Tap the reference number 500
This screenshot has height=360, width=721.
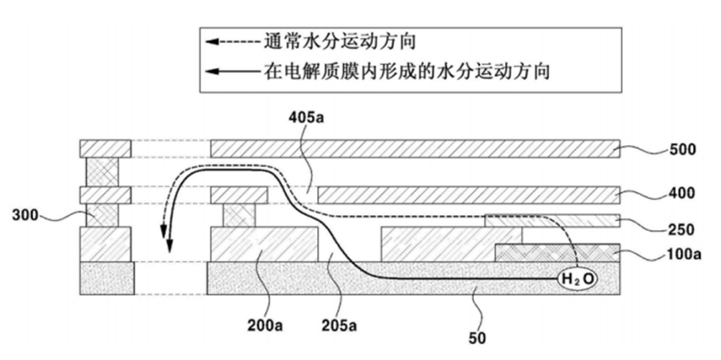[683, 150]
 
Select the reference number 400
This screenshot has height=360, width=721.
[682, 194]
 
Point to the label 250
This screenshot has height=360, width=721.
[682, 229]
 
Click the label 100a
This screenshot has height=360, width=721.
[685, 254]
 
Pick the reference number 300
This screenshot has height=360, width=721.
[26, 214]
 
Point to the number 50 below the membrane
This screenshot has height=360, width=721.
[477, 339]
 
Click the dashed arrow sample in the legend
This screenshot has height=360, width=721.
[233, 42]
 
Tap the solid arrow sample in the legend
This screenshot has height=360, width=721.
[233, 71]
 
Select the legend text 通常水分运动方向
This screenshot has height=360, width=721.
[340, 42]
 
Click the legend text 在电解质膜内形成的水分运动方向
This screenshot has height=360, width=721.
[407, 71]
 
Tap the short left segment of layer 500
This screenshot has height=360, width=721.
[105, 148]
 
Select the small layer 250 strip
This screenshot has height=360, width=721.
[552, 220]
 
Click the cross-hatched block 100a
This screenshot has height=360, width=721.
[556, 253]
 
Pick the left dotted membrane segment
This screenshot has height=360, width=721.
[107, 278]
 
